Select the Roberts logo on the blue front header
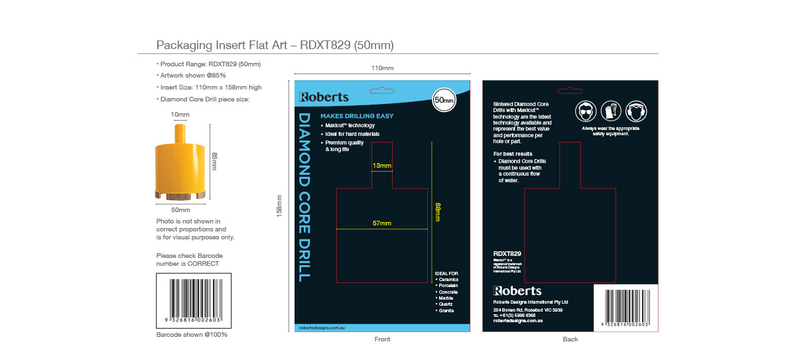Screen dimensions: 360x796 pos(324,97)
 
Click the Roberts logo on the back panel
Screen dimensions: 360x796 pos(517,291)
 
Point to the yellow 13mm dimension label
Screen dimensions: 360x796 pos(381,166)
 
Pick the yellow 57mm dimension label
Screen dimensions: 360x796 pos(381,223)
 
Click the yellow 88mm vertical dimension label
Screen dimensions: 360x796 pos(437,211)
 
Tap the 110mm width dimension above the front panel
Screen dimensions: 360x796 pos(382,68)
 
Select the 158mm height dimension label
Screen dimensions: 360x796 pos(279,206)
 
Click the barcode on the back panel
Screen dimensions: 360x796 pos(626,306)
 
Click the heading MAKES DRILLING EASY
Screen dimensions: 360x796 pos(357,116)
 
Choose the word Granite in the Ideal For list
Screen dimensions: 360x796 pos(446,310)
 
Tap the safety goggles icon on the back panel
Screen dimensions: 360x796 pos(585,111)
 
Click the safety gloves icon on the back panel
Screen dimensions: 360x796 pos(610,111)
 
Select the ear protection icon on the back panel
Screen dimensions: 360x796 pos(635,111)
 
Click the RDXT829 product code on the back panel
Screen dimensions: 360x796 pos(507,254)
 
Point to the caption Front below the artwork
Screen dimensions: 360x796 pos(382,339)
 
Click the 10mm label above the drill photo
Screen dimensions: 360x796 pos(180,115)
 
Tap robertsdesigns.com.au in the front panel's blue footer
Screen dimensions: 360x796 pos(320,328)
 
